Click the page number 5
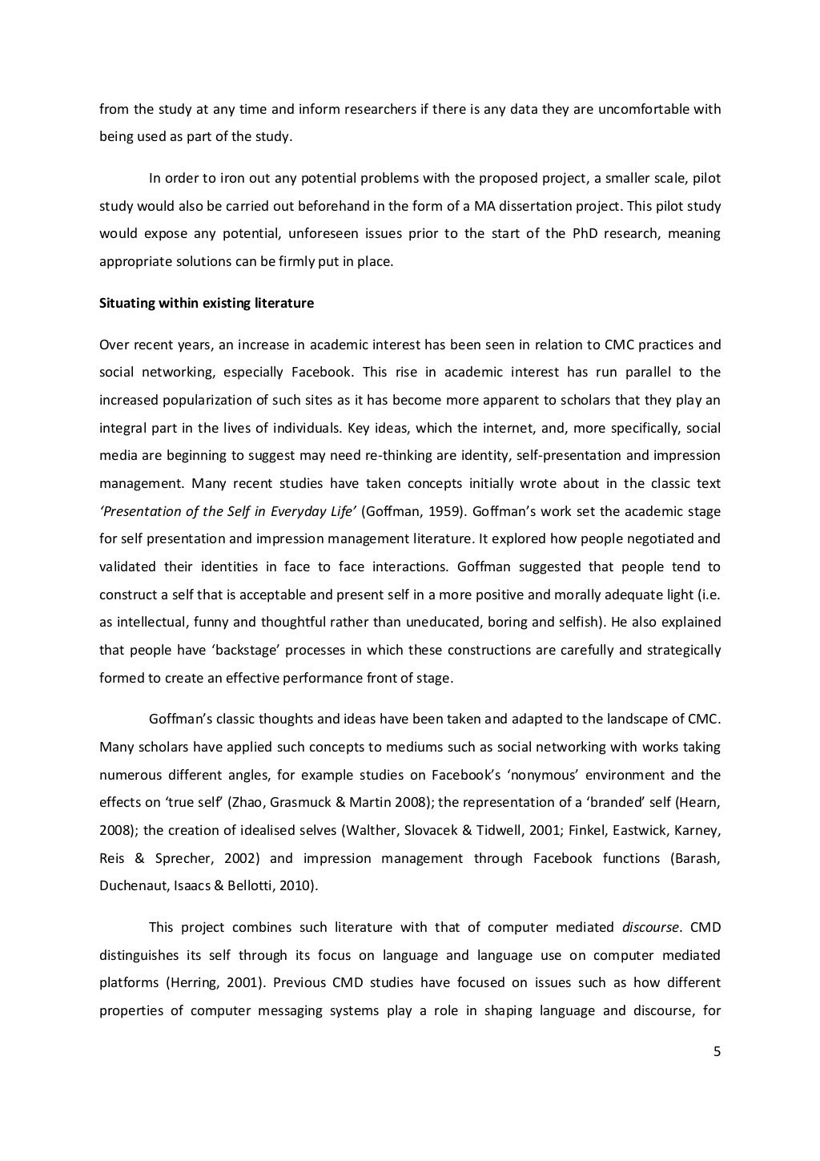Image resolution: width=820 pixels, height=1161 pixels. [x=717, y=1052]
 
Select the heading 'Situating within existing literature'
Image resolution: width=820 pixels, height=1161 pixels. [x=207, y=304]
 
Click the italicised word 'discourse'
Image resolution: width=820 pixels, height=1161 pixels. [x=650, y=928]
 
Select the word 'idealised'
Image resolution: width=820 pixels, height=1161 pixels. [x=249, y=830]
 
